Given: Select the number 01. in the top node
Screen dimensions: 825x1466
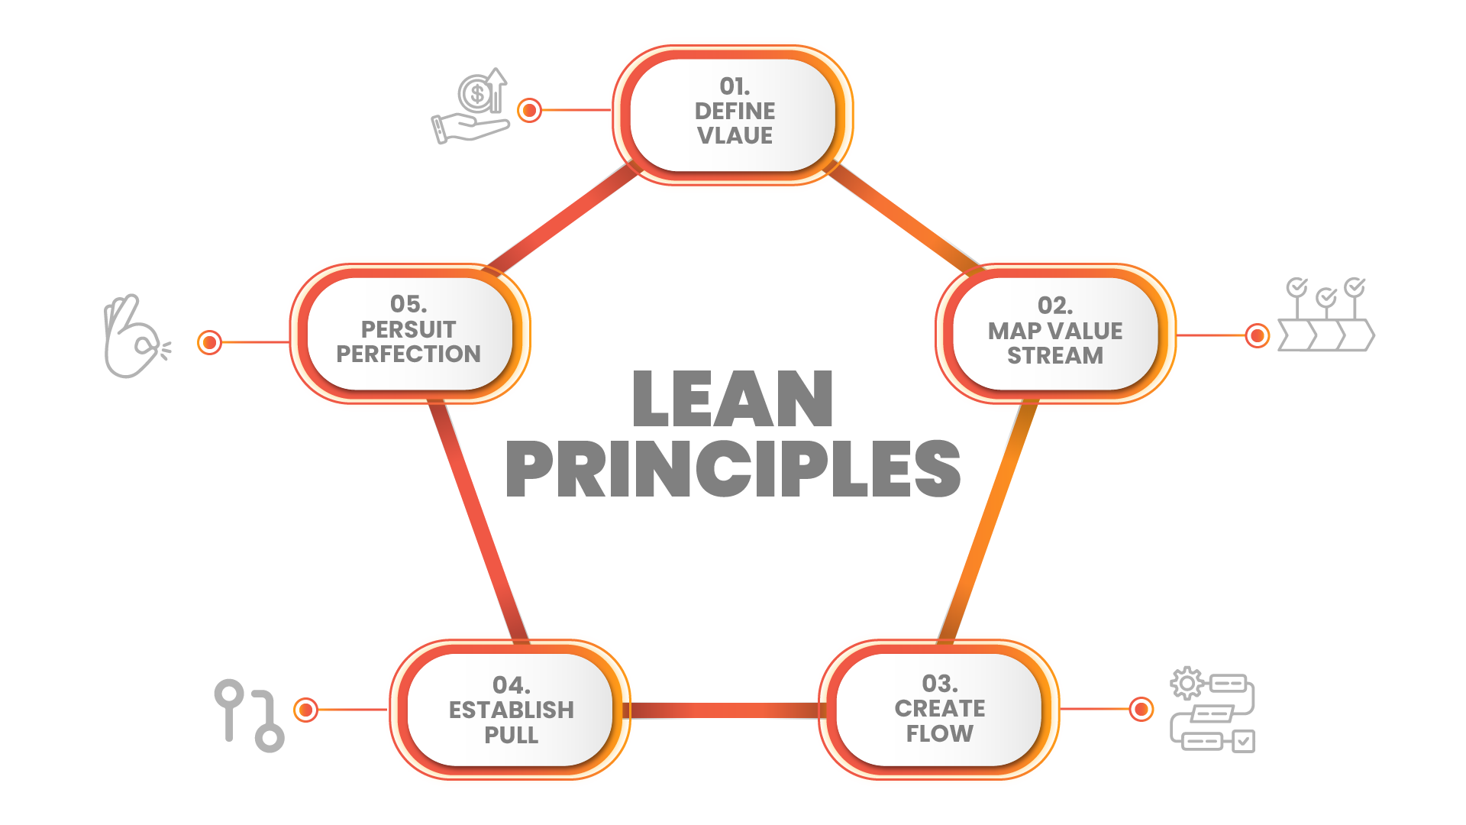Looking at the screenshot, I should pyautogui.click(x=735, y=86).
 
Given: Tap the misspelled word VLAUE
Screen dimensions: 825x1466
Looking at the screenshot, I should pyautogui.click(x=735, y=136).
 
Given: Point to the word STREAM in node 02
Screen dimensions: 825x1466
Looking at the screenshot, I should pyautogui.click(x=1054, y=356).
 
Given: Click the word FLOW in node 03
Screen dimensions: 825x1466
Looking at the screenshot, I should pyautogui.click(x=939, y=733).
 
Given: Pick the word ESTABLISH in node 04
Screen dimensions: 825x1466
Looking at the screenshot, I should pyautogui.click(x=511, y=710).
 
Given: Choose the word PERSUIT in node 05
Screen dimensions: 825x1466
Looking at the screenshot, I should pyautogui.click(x=408, y=329).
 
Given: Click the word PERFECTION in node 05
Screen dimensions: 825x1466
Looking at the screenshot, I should pyautogui.click(x=408, y=354).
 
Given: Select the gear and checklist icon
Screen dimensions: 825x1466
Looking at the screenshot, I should pyautogui.click(x=1213, y=710).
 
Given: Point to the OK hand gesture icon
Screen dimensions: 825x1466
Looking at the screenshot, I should pyautogui.click(x=134, y=337).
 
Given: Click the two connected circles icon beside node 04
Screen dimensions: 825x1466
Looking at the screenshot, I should pyautogui.click(x=249, y=715).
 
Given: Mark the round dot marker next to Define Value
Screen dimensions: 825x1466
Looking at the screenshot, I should pyautogui.click(x=529, y=110).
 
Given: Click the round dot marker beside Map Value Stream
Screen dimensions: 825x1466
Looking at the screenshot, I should pyautogui.click(x=1257, y=335).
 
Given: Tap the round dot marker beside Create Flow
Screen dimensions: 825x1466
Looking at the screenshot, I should pyautogui.click(x=1141, y=710).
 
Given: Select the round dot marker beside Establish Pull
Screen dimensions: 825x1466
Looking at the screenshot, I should pyautogui.click(x=306, y=710).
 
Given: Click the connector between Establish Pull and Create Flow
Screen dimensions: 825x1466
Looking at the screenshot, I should pyautogui.click(x=724, y=710).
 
